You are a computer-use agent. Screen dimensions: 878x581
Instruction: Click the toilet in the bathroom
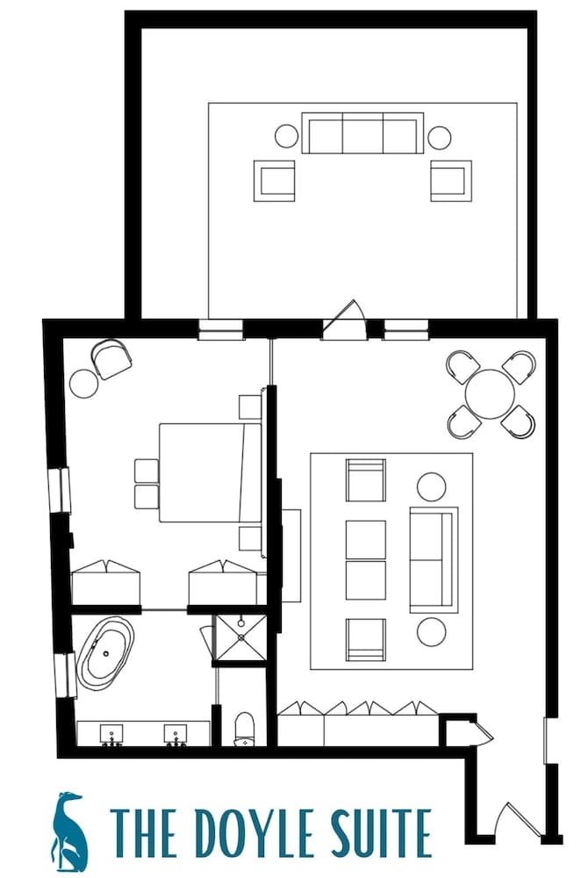(245, 730)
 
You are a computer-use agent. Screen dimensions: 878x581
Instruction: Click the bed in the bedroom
(209, 472)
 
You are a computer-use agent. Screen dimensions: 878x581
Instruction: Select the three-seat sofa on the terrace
(362, 133)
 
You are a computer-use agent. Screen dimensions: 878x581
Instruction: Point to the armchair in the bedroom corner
(112, 358)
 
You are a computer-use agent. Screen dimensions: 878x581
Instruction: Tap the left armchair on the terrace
(275, 180)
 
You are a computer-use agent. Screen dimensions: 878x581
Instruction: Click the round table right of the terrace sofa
(439, 137)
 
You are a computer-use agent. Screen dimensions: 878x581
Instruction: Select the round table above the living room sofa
(432, 486)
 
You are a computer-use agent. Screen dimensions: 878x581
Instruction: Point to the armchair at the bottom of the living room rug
(366, 639)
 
